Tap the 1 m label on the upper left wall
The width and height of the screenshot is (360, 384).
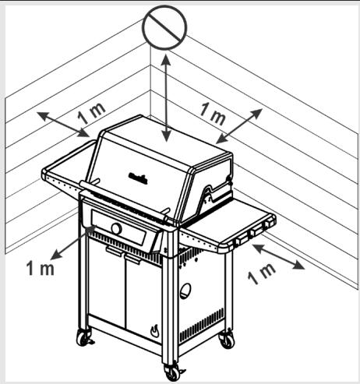(x=93, y=111)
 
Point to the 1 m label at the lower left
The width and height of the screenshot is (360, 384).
(x=40, y=268)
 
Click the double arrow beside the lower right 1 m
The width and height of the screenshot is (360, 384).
(x=277, y=256)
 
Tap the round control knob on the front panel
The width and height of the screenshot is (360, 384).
(x=116, y=228)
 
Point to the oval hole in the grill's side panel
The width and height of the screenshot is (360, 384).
(x=185, y=291)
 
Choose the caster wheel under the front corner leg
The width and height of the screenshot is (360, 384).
(x=172, y=372)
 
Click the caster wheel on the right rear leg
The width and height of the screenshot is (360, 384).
(x=226, y=339)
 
